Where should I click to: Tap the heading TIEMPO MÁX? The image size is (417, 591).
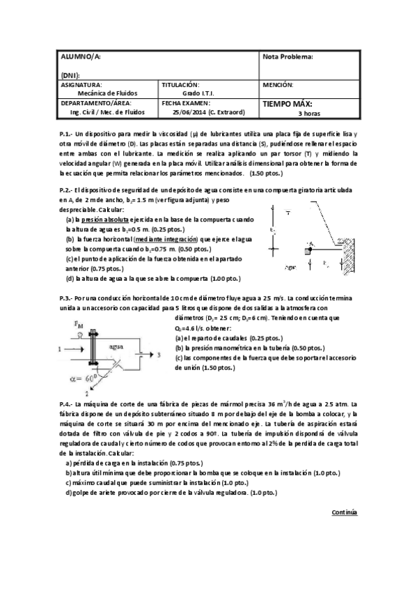(287, 103)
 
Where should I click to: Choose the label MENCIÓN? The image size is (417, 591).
(279, 84)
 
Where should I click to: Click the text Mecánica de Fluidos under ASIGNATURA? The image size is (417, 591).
(107, 92)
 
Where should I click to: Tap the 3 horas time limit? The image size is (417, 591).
(310, 112)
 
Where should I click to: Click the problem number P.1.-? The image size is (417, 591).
(66, 133)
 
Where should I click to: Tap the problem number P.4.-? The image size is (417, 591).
(66, 405)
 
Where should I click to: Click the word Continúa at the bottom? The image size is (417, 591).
(344, 512)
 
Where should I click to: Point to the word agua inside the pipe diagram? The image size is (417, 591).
(117, 346)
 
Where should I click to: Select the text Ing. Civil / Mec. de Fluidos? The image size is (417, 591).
(107, 111)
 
